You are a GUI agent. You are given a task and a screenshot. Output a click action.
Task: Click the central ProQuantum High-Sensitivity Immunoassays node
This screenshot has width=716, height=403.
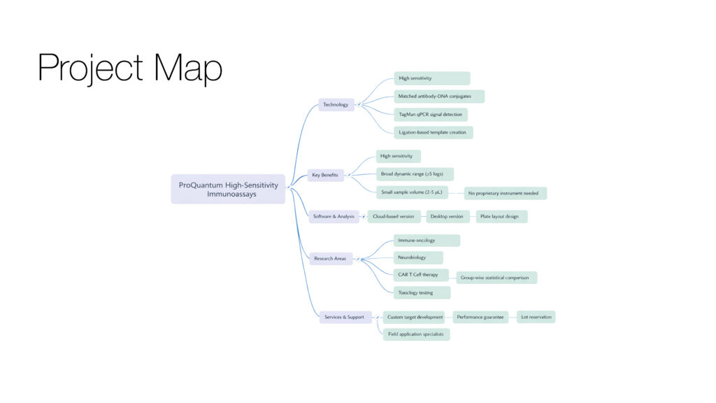(x=228, y=189)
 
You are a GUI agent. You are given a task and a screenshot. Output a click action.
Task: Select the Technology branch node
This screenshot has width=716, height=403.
(x=336, y=105)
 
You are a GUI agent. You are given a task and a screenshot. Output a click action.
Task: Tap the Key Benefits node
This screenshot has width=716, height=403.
(x=325, y=175)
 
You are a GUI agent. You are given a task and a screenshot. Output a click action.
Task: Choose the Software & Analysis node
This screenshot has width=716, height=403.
(x=334, y=217)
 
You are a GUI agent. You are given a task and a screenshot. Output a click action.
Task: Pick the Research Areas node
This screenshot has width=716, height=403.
(x=330, y=259)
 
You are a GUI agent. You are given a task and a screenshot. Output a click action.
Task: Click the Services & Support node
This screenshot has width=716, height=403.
(x=344, y=317)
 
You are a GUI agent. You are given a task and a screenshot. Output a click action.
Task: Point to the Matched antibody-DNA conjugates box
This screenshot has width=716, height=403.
(x=439, y=97)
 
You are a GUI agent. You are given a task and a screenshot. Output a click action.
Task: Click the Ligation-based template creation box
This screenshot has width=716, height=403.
(x=434, y=132)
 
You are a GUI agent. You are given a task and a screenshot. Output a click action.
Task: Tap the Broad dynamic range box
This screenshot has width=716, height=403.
(x=415, y=174)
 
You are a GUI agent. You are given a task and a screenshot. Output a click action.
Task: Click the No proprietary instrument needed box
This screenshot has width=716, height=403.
(x=505, y=192)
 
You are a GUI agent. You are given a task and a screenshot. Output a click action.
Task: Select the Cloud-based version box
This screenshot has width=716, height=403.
(x=394, y=217)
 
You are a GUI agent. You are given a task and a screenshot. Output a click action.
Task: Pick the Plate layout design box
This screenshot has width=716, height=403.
(x=501, y=217)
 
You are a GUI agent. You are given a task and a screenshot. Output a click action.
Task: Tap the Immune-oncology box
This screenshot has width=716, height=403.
(x=427, y=241)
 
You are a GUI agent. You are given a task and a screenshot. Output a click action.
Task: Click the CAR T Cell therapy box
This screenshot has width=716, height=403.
(x=418, y=275)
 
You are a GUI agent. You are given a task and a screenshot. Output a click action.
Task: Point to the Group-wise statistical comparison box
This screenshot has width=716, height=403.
(x=496, y=278)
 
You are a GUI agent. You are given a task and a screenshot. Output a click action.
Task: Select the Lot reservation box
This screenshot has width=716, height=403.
(x=536, y=317)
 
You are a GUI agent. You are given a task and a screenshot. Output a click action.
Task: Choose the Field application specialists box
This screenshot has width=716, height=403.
(x=416, y=334)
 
